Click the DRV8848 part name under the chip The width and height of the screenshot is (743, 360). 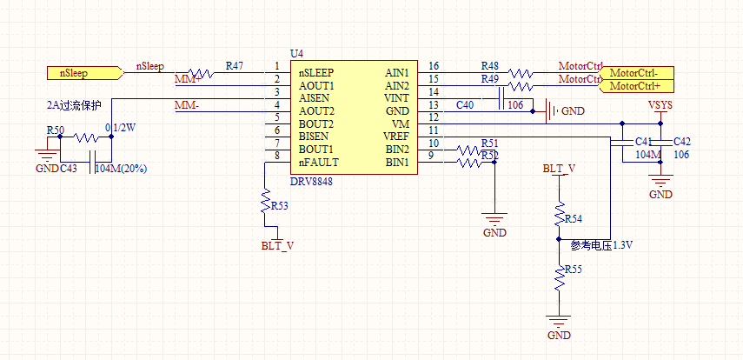pos(311,182)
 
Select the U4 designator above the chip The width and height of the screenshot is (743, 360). pos(296,54)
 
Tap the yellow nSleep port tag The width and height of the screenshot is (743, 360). pos(79,72)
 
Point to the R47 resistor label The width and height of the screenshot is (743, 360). pos(234,66)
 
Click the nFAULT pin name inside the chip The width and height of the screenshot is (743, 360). pos(318,163)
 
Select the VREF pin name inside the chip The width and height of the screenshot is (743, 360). pos(397,137)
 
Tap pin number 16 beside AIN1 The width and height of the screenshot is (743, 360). pos(434,66)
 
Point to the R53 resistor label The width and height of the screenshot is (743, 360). pos(280,207)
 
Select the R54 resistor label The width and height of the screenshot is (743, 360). pos(573,218)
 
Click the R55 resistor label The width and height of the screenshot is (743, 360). pos(573,271)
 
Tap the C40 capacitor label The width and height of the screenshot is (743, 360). pos(465,105)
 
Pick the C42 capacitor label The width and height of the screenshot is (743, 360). pos(682,142)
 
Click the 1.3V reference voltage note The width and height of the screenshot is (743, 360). pos(600,245)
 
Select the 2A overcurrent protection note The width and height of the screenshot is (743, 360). pos(74,105)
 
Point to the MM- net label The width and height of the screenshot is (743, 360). pos(187,105)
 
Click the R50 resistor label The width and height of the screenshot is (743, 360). pos(55,130)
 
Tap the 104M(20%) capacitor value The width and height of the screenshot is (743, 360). pos(120,168)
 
